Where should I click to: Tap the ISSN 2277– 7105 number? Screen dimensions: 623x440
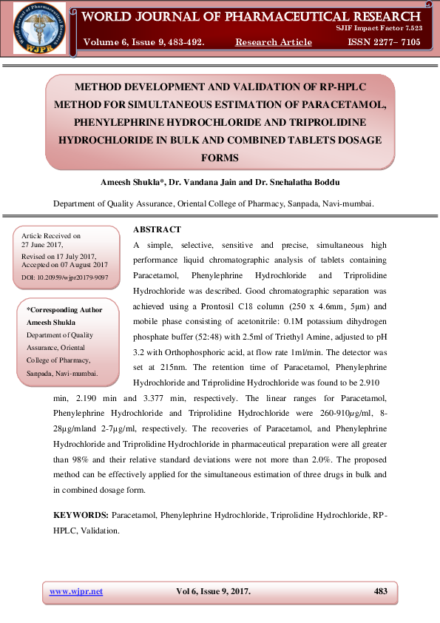pyautogui.click(x=384, y=42)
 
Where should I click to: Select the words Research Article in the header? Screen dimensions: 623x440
pyautogui.click(x=273, y=42)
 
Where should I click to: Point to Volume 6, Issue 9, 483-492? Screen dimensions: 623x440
pyautogui.click(x=143, y=42)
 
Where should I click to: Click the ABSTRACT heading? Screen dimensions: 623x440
pyautogui.click(x=156, y=229)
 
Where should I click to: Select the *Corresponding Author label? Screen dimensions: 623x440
pyautogui.click(x=64, y=310)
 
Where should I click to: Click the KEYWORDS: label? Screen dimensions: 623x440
pyautogui.click(x=81, y=513)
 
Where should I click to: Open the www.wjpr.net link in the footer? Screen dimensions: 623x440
pyautogui.click(x=75, y=591)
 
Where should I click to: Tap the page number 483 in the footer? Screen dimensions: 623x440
pyautogui.click(x=381, y=591)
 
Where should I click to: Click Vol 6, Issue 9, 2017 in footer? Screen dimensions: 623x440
pyautogui.click(x=213, y=591)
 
